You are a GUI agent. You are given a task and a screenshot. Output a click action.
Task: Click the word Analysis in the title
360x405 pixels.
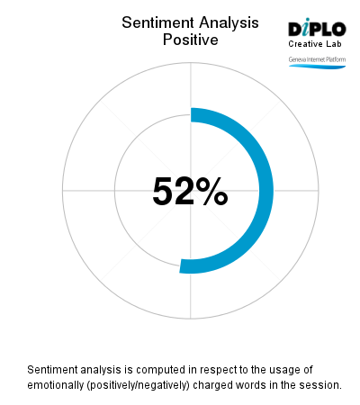(x=224, y=22)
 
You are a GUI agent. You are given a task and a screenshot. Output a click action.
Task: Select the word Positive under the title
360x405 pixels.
(x=190, y=40)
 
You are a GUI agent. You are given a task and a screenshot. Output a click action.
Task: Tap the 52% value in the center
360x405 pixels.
(x=190, y=192)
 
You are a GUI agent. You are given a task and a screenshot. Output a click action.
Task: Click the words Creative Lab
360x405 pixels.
(x=316, y=44)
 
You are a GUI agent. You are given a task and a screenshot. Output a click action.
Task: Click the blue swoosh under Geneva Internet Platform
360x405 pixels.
(x=317, y=66)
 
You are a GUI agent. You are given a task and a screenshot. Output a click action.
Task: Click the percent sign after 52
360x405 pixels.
(x=213, y=192)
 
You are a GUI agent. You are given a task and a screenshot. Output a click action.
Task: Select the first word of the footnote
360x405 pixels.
(x=54, y=370)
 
